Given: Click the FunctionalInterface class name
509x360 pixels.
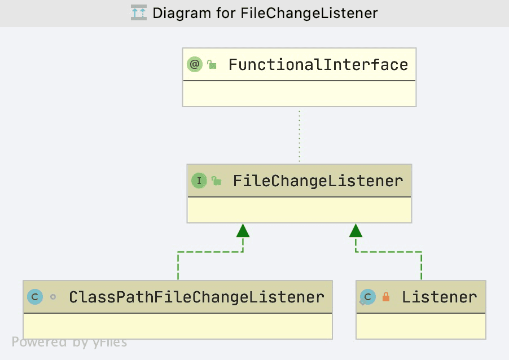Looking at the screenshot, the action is click(x=318, y=64).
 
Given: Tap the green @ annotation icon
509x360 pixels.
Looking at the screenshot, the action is click(x=195, y=64).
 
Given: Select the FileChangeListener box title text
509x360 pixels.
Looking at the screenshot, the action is click(x=318, y=181).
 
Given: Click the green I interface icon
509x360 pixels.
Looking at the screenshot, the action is click(x=199, y=181).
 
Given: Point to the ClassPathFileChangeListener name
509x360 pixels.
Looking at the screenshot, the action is click(x=197, y=297).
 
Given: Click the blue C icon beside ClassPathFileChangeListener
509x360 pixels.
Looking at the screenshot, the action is click(x=35, y=297).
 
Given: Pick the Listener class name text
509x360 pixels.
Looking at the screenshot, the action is click(x=440, y=297).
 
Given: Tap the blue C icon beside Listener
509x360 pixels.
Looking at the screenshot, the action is click(x=368, y=297).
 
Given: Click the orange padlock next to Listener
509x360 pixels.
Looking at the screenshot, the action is click(x=385, y=297).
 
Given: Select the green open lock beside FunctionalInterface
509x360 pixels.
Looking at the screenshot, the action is click(x=212, y=64).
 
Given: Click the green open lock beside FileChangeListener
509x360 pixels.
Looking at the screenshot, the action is click(x=216, y=181).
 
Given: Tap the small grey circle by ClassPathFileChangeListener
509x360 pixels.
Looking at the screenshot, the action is click(x=53, y=297).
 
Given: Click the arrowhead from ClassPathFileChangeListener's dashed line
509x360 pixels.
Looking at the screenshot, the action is click(x=243, y=230).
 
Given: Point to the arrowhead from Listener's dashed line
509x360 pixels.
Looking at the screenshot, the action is click(x=356, y=230).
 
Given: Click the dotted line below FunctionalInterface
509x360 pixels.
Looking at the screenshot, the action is click(x=299, y=135).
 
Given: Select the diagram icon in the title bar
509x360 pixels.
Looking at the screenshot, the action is click(x=139, y=12).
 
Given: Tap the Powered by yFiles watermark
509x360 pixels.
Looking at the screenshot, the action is click(x=69, y=342).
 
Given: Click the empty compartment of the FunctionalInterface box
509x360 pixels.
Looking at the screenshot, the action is click(x=299, y=94).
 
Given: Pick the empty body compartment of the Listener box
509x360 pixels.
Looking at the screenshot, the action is click(x=421, y=326).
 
